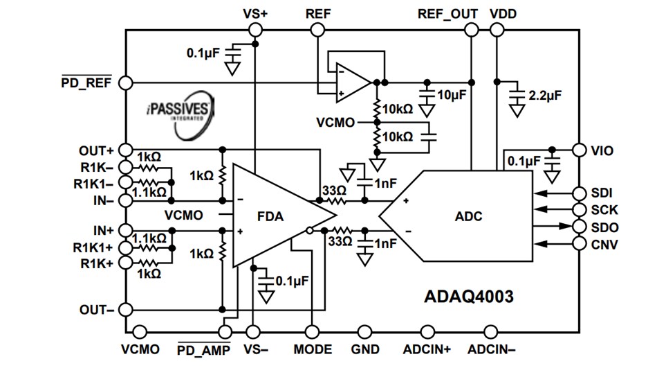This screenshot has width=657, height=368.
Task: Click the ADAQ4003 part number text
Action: (468, 297)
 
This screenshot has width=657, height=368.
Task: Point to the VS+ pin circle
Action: (255, 29)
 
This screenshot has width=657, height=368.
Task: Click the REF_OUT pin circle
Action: (471, 29)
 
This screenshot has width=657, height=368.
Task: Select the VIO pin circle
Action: (580, 150)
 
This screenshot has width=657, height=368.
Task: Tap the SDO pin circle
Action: (580, 227)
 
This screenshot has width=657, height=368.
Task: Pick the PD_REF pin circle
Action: (125, 82)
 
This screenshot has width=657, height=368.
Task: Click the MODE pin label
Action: (312, 349)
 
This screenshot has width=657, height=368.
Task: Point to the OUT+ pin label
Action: (96, 150)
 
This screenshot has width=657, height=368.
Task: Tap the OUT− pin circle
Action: (125, 309)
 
